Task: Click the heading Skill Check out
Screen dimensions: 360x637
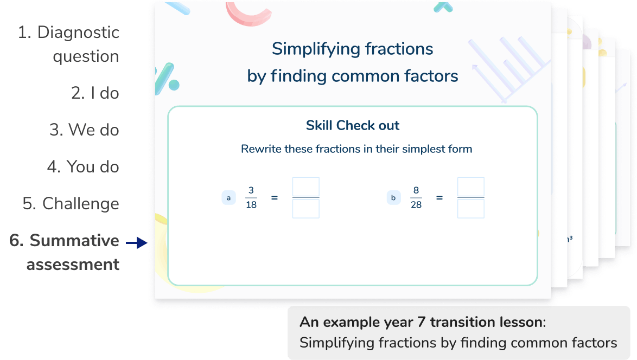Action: click(x=353, y=126)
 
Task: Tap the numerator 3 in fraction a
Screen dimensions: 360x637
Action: click(x=251, y=190)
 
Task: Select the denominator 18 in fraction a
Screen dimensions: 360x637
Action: click(x=251, y=205)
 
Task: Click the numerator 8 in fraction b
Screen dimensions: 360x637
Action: click(x=416, y=190)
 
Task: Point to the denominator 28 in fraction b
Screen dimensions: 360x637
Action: click(x=416, y=205)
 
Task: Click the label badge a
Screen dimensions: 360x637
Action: click(x=228, y=198)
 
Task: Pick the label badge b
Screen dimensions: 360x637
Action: click(x=393, y=198)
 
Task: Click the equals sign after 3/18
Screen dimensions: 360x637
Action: click(x=275, y=198)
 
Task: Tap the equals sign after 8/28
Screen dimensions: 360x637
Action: click(x=439, y=198)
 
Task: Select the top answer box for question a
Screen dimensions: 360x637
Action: click(x=306, y=187)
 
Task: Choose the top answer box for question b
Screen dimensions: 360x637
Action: click(x=471, y=187)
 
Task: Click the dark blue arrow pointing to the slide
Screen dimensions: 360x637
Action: click(x=137, y=243)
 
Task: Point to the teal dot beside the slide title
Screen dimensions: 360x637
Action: click(x=174, y=85)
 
